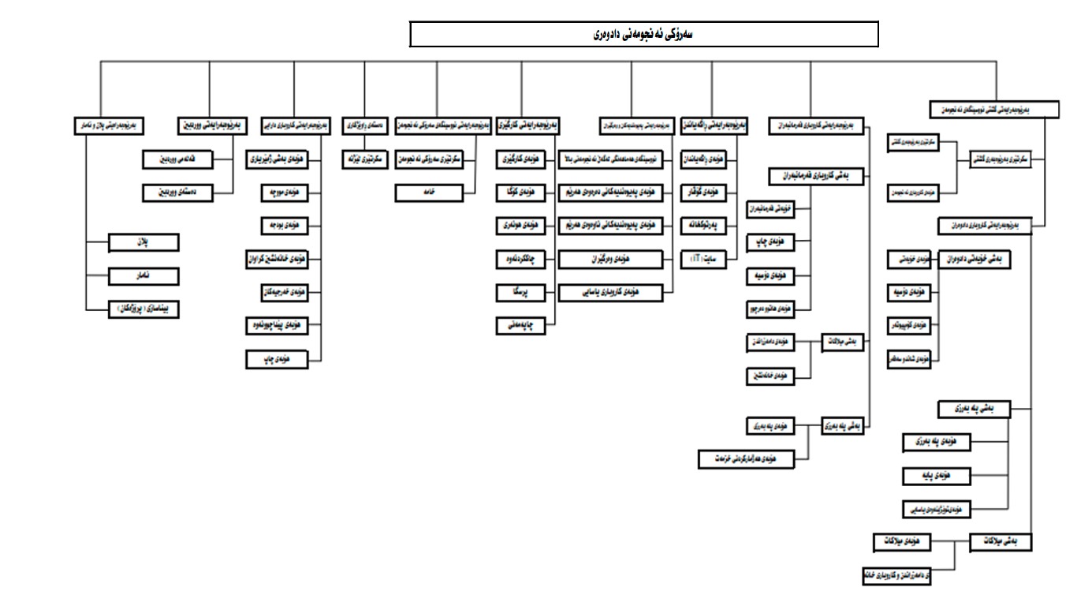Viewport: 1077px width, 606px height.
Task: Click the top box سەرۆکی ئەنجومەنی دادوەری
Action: click(x=644, y=35)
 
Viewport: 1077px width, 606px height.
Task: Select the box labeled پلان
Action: click(x=144, y=242)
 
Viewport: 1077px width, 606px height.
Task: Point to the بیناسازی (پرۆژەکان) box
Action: click(x=143, y=309)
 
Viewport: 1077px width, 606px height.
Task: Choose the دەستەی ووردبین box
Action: click(x=176, y=192)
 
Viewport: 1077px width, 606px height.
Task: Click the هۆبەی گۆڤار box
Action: click(x=704, y=192)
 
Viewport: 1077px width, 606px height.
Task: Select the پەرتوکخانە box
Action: click(x=704, y=226)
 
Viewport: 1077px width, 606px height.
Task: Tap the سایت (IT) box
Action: click(x=704, y=259)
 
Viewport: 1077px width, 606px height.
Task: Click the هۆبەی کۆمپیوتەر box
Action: click(x=908, y=325)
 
